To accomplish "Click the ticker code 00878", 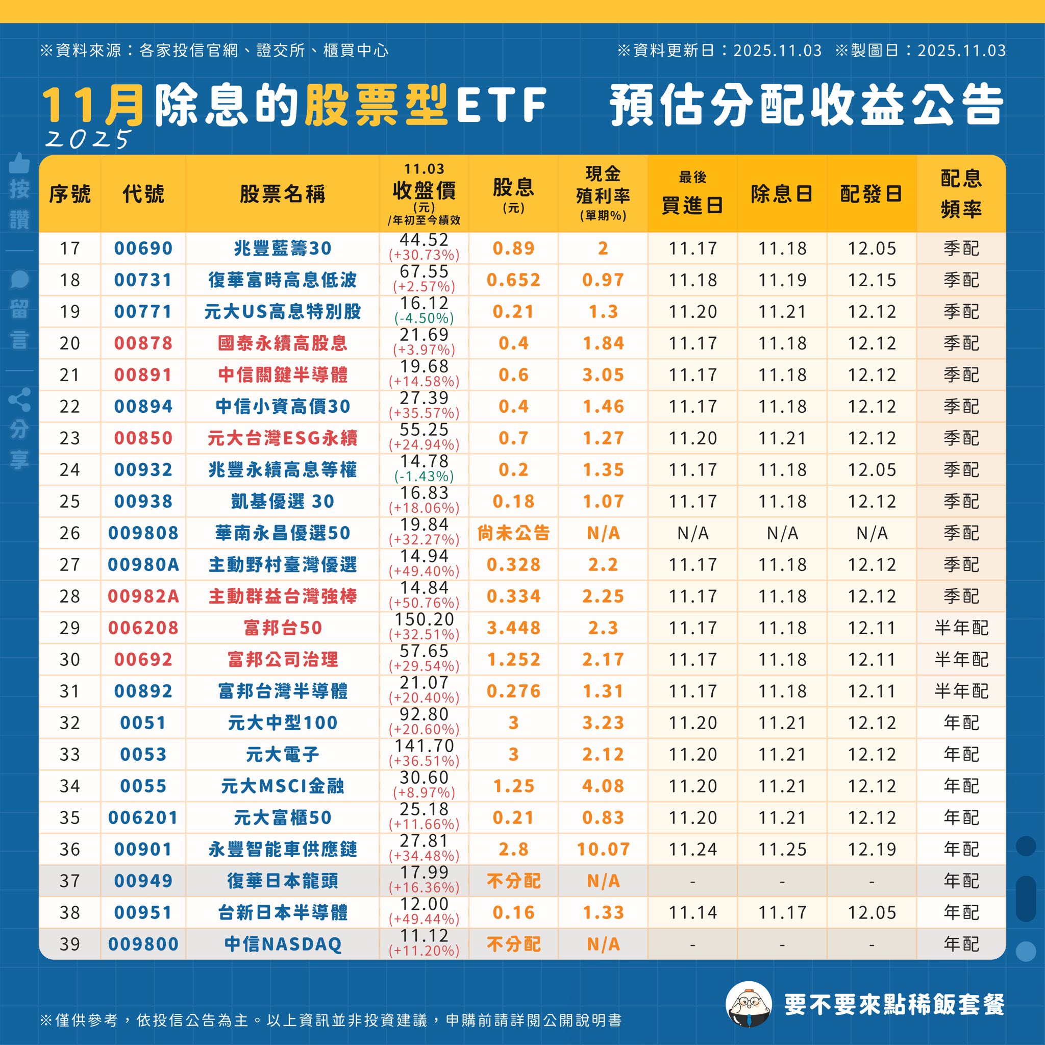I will (x=143, y=343).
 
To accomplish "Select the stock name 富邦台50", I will (x=282, y=628).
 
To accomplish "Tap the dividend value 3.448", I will (x=513, y=628).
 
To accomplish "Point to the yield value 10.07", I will (x=603, y=849).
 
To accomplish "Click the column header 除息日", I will (x=782, y=193).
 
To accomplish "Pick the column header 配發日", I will (x=871, y=193).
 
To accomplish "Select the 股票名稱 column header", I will (x=282, y=193).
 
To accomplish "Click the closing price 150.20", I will (x=424, y=619).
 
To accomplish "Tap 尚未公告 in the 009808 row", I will (x=513, y=533).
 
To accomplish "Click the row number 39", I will (x=70, y=944).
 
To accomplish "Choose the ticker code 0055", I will (x=143, y=785).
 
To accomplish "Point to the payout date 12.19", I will (x=872, y=849).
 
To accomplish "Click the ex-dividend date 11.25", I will (x=782, y=849).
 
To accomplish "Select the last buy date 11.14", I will (x=692, y=912).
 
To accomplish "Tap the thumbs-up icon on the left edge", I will (x=19, y=162).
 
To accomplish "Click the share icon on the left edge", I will (x=19, y=400).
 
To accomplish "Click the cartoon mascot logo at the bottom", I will (x=748, y=1004).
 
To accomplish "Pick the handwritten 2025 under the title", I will (x=88, y=139).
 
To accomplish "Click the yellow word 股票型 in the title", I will (x=377, y=105).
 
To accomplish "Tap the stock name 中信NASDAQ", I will (x=282, y=944).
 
